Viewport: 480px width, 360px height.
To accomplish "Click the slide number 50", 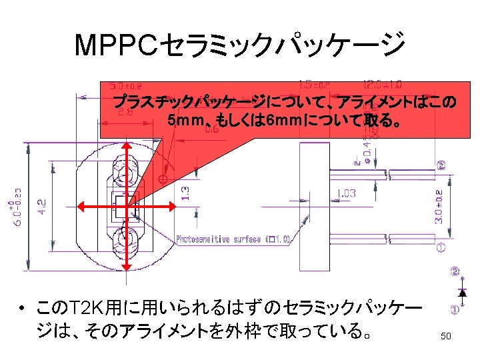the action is pos(446,337).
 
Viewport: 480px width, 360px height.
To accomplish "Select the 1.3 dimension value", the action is pos(187,193).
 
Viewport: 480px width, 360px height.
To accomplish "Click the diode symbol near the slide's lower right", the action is pos(462,291).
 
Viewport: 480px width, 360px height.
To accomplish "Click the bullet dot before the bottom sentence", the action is pos(22,309).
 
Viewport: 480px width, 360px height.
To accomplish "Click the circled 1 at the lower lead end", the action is pos(441,248).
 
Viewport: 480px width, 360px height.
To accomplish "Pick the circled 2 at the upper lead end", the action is pos(441,165).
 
